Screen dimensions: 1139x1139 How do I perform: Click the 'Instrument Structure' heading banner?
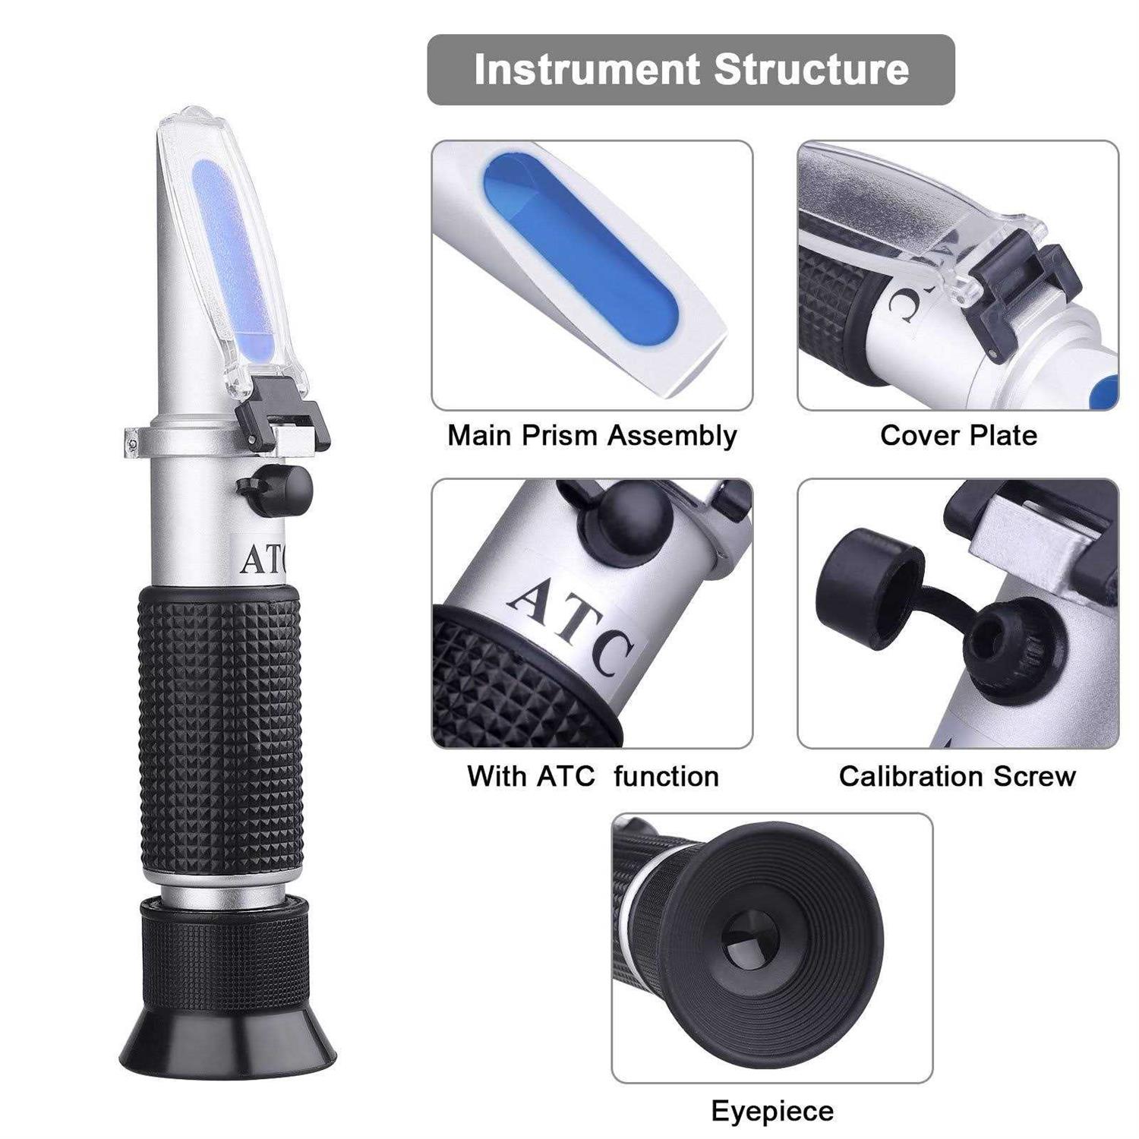click(x=690, y=69)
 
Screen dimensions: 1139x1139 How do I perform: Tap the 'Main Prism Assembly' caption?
click(x=592, y=436)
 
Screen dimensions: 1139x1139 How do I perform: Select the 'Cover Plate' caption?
click(x=958, y=436)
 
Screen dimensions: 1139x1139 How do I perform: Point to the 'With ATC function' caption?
click(x=592, y=776)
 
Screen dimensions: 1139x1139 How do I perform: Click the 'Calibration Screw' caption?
click(x=957, y=776)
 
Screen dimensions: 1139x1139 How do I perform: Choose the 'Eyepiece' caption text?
click(x=771, y=1111)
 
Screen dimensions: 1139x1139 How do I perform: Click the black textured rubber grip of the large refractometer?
click(x=220, y=729)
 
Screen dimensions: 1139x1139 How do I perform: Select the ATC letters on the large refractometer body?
click(x=262, y=560)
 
